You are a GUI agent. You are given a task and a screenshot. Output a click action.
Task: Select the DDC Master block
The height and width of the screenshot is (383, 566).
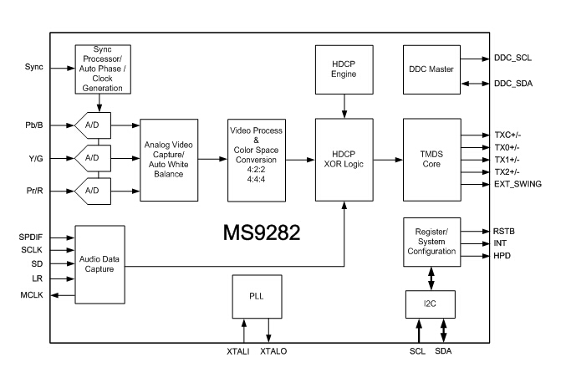pyautogui.click(x=431, y=69)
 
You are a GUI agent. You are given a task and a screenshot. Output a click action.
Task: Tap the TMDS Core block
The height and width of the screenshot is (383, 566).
pyautogui.click(x=431, y=159)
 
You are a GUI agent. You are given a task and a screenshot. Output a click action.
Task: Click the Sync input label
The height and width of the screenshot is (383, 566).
pyautogui.click(x=34, y=66)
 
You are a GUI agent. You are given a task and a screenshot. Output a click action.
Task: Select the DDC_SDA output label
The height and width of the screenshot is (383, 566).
pyautogui.click(x=512, y=84)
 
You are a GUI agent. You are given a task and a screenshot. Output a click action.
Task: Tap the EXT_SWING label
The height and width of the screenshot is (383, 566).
pyautogui.click(x=518, y=183)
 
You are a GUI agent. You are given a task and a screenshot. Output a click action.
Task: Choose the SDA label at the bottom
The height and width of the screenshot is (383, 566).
pyautogui.click(x=443, y=352)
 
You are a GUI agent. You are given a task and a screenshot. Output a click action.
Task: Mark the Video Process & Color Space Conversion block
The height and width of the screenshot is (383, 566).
pyautogui.click(x=257, y=159)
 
